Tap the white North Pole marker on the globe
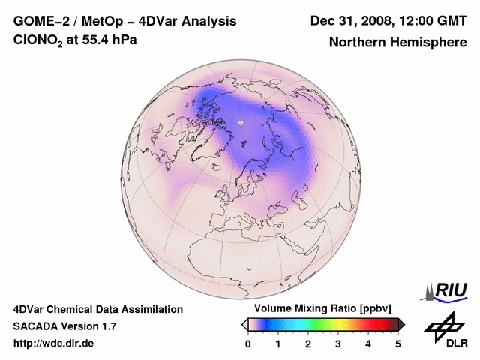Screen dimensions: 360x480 pyautogui.click(x=241, y=122)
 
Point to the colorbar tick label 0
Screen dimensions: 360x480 pyautogui.click(x=248, y=343)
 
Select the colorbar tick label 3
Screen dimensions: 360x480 pyautogui.click(x=338, y=343)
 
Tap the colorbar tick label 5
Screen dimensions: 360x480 pyautogui.click(x=398, y=343)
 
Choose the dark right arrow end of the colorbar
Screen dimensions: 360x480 pyautogui.click(x=401, y=324)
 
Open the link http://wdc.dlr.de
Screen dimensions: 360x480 pyautogui.click(x=54, y=343)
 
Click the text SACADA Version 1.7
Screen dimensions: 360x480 pyautogui.click(x=64, y=326)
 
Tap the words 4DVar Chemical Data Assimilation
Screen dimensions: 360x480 pyautogui.click(x=97, y=309)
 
